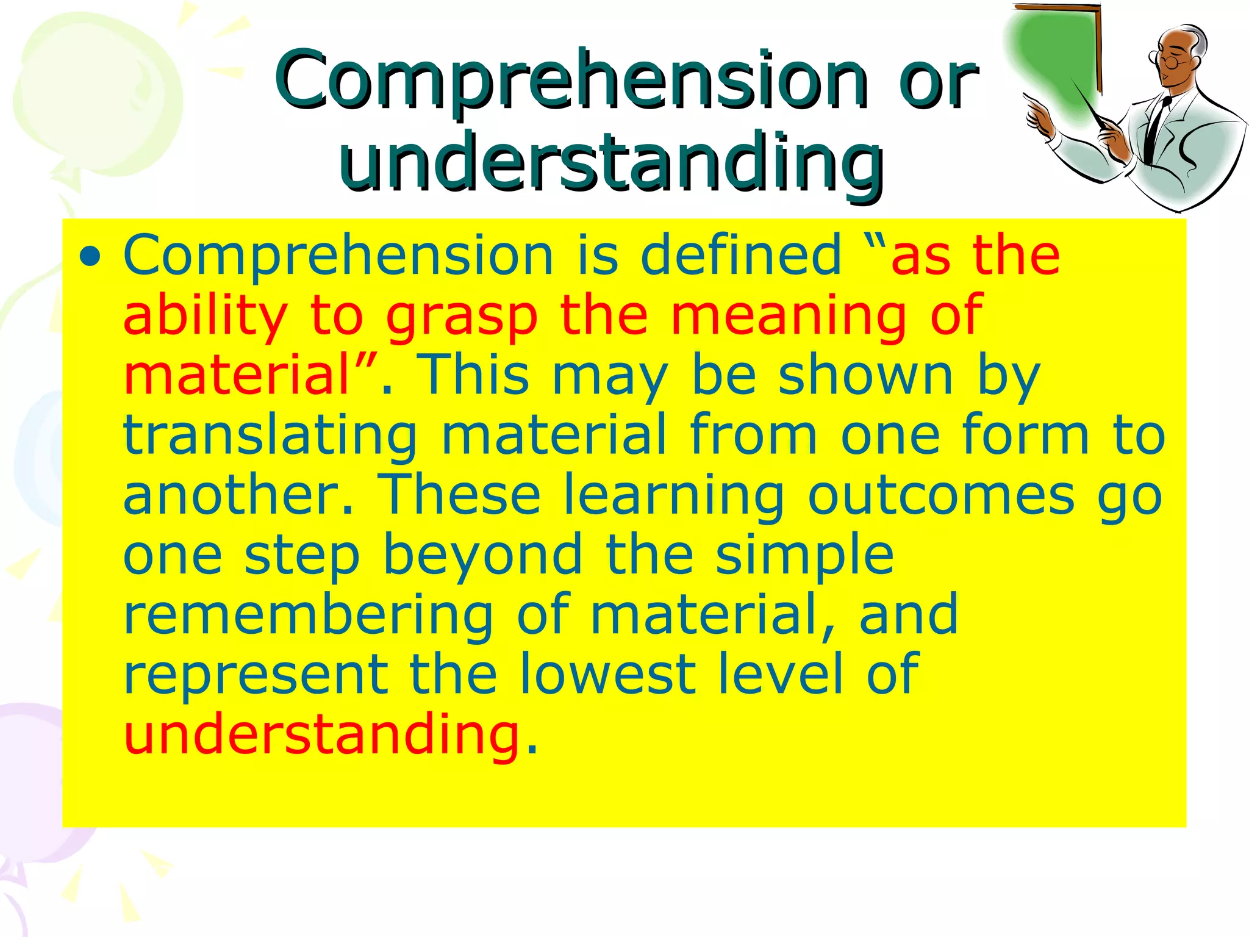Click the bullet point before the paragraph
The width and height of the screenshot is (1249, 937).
90,256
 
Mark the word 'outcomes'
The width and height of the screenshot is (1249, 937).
941,495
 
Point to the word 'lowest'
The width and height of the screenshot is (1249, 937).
607,674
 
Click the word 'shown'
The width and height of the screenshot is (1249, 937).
865,376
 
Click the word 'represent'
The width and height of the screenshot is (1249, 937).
256,675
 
